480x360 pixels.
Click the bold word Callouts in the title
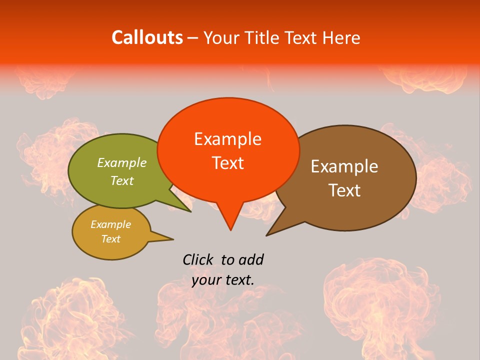(x=147, y=37)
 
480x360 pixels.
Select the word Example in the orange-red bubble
(x=227, y=139)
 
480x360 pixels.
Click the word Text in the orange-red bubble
(x=227, y=163)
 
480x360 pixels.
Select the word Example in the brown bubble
(x=344, y=166)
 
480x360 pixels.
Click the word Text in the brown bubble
(x=344, y=190)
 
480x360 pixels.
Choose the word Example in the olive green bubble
(x=122, y=162)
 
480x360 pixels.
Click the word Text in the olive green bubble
(x=122, y=180)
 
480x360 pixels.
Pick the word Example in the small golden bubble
(x=110, y=224)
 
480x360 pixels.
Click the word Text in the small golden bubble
(x=110, y=239)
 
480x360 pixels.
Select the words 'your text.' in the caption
(x=223, y=280)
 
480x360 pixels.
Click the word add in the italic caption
(x=250, y=259)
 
